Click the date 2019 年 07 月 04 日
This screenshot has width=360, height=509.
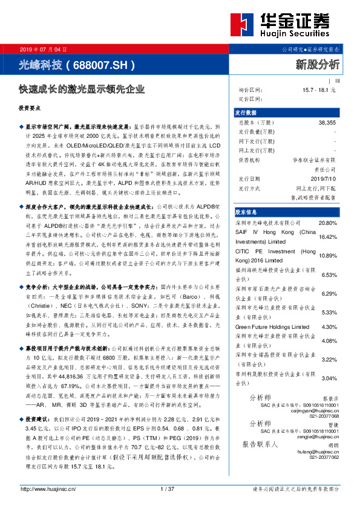[x=40, y=48]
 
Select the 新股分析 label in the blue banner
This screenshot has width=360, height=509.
[x=318, y=63]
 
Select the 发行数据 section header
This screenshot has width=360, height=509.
[x=246, y=113]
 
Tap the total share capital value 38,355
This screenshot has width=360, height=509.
[x=327, y=122]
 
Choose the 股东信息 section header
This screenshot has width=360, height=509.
[x=246, y=212]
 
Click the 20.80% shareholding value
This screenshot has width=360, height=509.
[x=336, y=223]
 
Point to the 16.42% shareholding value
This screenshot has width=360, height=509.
[x=336, y=237]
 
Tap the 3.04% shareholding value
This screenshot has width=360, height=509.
[x=336, y=379]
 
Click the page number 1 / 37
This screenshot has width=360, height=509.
[x=167, y=488]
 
